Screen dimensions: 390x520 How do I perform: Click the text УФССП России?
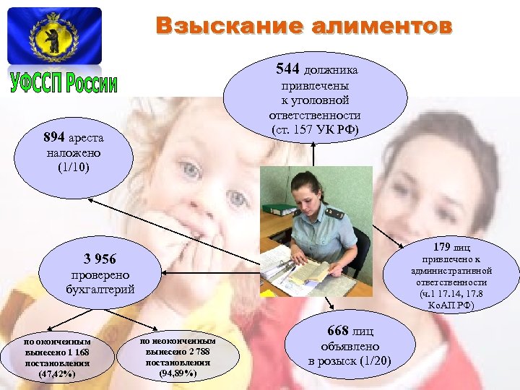pyautogui.click(x=64, y=83)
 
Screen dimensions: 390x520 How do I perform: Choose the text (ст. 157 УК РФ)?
pyautogui.click(x=315, y=130)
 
